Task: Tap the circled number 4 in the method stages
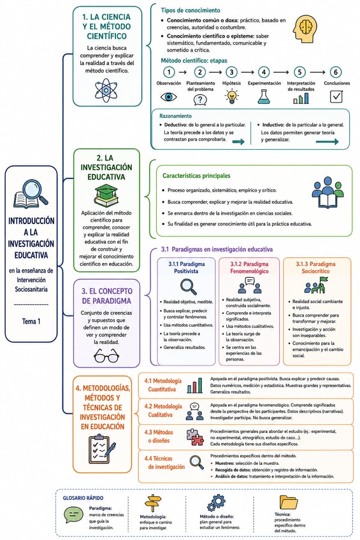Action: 264,72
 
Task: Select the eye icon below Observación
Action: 169,97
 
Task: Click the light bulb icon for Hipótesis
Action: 232,97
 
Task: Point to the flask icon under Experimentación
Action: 264,97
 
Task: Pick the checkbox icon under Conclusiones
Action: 336,97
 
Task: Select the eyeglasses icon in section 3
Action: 106,355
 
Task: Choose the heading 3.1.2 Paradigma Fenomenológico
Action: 249,267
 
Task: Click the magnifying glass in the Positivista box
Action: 189,287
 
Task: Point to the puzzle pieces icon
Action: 195,437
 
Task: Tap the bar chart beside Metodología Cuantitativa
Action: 194,386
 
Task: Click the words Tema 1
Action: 31,322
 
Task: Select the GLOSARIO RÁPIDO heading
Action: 83,498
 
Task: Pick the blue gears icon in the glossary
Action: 217,502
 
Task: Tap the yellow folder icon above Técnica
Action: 289,502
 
